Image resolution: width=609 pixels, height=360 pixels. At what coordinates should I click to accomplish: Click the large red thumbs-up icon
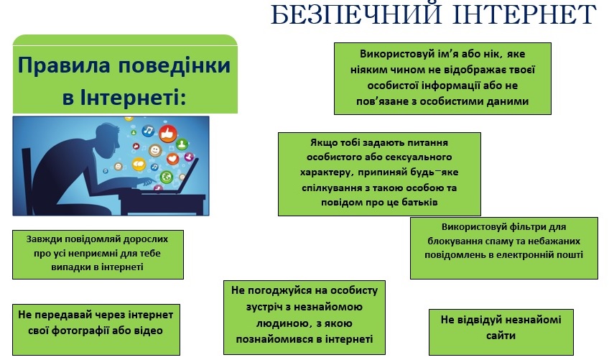point(168,134)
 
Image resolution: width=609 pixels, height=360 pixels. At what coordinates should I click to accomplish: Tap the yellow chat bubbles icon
point(139,164)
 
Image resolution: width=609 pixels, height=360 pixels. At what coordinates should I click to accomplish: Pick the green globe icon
point(166,177)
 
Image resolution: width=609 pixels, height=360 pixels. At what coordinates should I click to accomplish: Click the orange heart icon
point(172,159)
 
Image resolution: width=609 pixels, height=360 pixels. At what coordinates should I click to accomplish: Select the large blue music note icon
point(148,131)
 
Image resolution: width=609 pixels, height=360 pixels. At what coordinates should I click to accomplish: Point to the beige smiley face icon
point(155,149)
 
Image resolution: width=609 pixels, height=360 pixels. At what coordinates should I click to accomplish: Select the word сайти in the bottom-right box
point(501,336)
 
